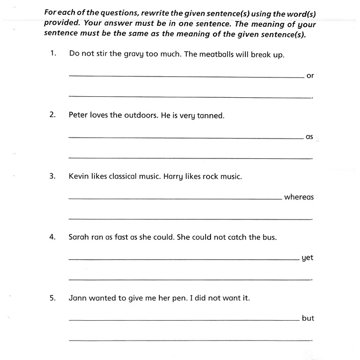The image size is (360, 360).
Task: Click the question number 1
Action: click(52, 54)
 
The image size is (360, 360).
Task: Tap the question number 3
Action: click(52, 176)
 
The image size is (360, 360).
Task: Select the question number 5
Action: click(52, 298)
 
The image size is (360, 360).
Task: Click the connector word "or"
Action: click(310, 76)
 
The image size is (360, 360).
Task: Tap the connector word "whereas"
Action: click(299, 197)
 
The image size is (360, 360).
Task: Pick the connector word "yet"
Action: click(307, 258)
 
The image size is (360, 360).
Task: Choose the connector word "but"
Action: click(308, 318)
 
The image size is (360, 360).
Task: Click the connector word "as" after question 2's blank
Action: click(309, 137)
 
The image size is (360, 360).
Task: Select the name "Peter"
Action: click(79, 115)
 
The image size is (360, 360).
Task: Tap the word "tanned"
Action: click(211, 116)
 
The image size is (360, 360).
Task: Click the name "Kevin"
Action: click(79, 176)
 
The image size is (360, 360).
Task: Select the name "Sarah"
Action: click(79, 237)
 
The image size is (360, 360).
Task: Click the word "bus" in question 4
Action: click(269, 237)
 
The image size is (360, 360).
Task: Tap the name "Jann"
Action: click(77, 298)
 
